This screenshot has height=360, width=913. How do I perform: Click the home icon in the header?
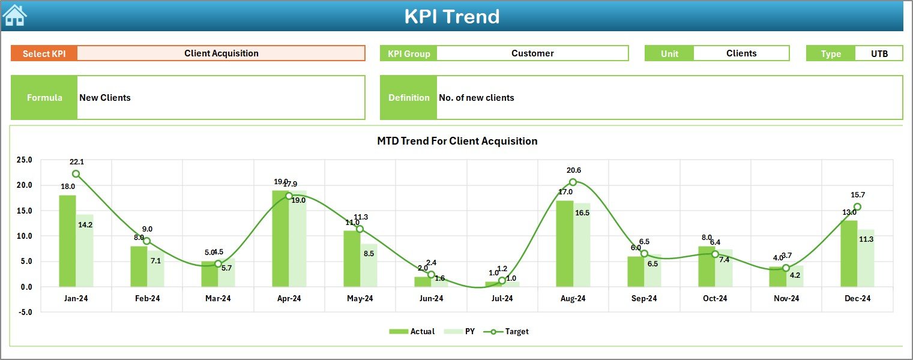15,16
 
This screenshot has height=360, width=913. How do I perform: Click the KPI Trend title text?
451,16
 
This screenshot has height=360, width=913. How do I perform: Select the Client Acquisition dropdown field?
221,53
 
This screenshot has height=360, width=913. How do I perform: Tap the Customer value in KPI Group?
532,53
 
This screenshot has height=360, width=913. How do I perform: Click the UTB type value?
879,53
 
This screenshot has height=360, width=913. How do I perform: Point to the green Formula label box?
44,98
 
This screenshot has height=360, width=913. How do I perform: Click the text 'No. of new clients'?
477,98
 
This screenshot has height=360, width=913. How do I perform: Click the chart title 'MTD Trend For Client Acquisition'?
457,141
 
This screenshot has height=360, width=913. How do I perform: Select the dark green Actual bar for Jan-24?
67,240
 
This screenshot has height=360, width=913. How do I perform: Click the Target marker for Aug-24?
573,182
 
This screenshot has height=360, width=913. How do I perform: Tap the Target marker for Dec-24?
857,207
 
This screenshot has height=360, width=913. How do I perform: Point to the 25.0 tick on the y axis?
25,160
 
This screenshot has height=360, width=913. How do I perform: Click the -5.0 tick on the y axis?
25,312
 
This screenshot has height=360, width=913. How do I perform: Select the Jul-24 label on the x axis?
502,298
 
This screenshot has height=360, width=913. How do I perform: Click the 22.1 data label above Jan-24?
77,162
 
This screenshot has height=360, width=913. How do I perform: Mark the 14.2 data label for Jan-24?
85,225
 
